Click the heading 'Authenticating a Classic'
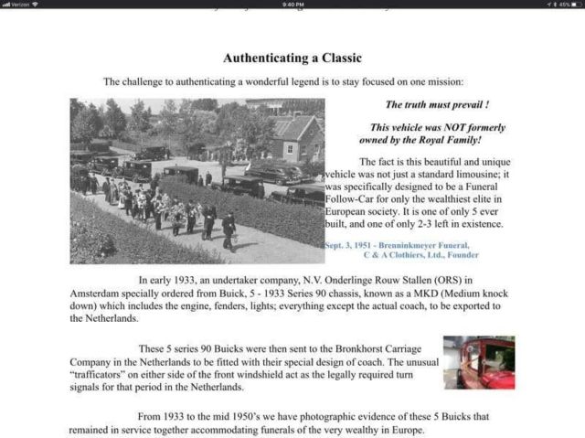[292, 58]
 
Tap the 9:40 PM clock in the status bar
[292, 5]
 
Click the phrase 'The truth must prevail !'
[436, 105]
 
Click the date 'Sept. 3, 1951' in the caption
[353, 245]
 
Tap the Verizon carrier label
[18, 5]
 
